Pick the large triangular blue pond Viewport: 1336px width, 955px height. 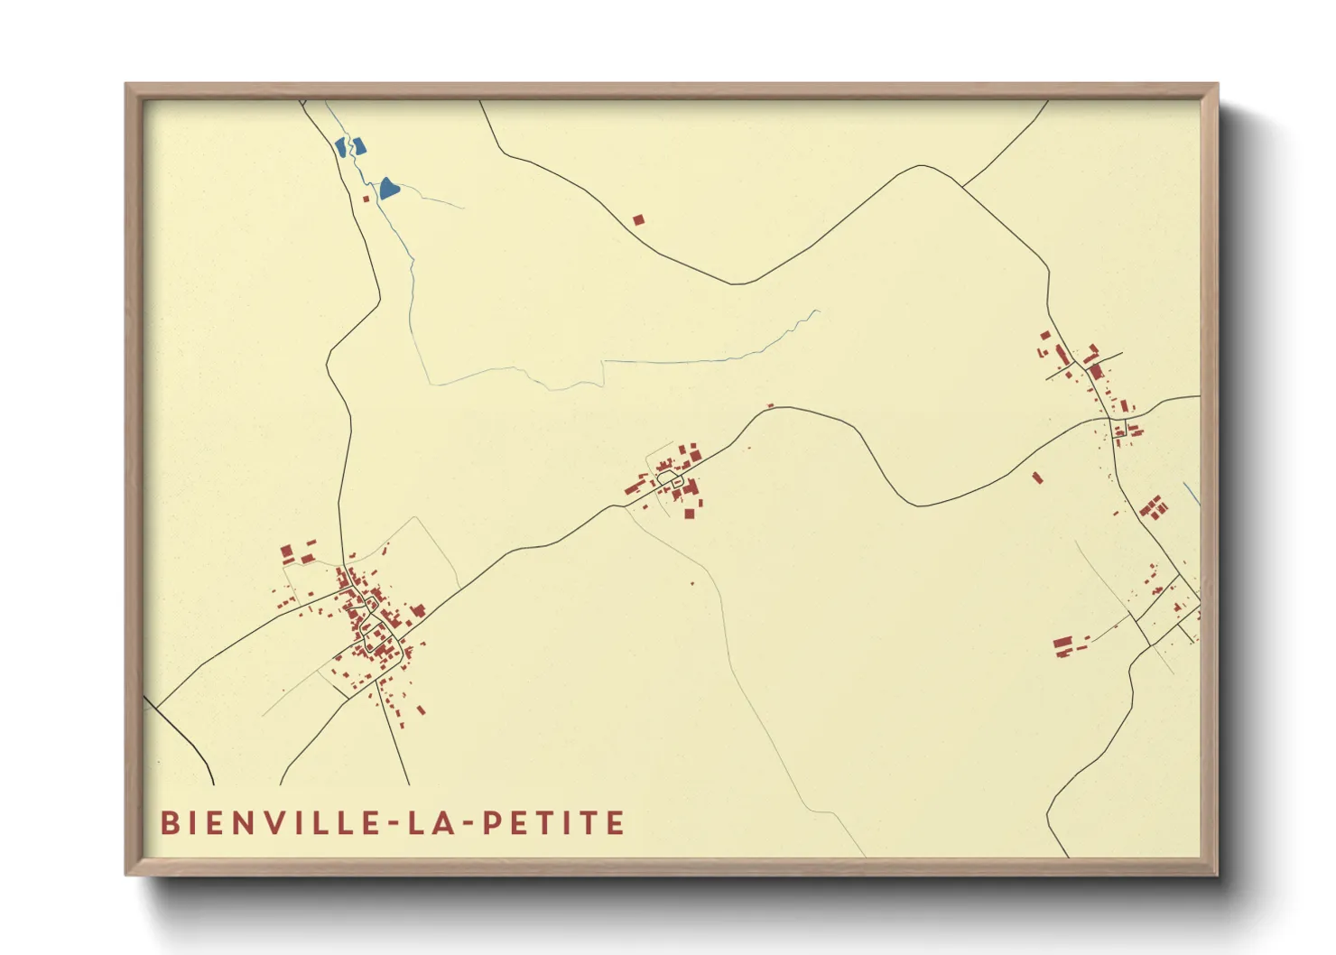388,188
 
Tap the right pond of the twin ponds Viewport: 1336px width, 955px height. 359,145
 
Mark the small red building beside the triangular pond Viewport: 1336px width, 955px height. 366,199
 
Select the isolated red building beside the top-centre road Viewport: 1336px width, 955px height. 638,219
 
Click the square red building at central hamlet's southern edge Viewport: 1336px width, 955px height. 690,514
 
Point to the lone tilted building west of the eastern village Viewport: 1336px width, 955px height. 1037,477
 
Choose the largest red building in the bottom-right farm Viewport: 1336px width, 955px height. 1062,643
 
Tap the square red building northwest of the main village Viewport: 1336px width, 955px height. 286,550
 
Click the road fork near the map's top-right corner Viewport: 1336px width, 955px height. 962,187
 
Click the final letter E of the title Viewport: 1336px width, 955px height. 617,823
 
